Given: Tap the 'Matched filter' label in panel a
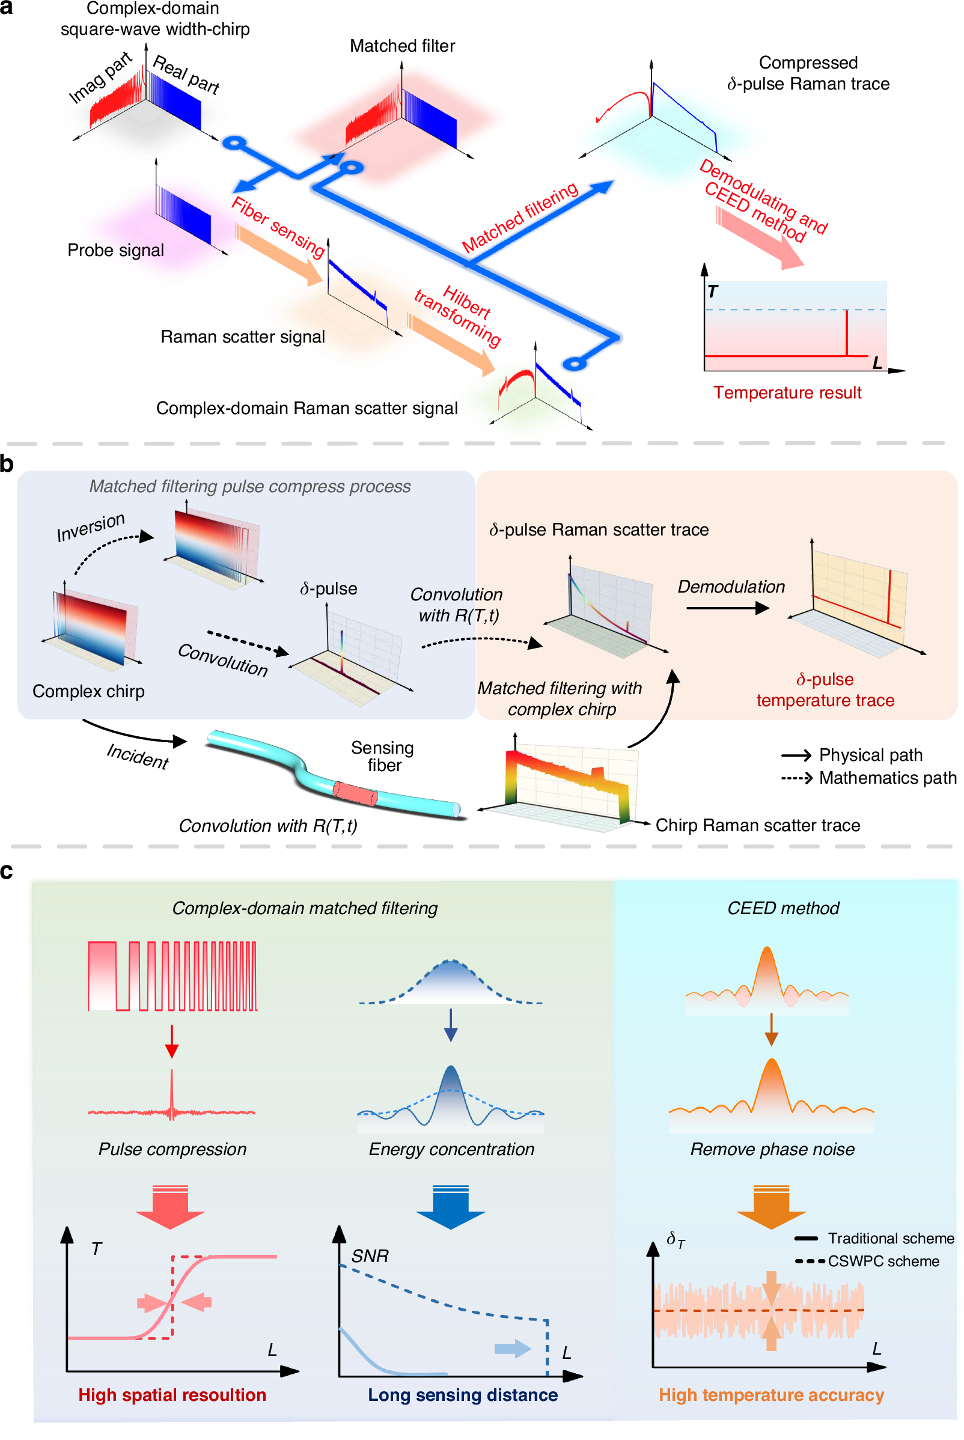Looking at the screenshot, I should pos(402,46).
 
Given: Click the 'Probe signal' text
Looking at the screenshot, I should pos(115,250).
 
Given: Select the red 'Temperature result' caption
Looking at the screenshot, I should pos(787,392).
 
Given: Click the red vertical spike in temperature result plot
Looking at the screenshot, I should pos(847,332).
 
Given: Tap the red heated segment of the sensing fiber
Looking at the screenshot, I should pos(355,793).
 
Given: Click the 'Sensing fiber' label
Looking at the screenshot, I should pos(382,756).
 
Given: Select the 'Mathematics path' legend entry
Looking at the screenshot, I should pos(887,778).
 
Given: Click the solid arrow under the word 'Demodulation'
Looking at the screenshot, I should pos(727,608).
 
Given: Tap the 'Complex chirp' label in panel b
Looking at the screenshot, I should pos(88,691).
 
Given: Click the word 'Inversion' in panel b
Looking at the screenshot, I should pos(91,527).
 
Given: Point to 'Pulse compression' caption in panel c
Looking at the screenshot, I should pos(172,1149).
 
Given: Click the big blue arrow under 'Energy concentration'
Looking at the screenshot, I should pos(451,1207).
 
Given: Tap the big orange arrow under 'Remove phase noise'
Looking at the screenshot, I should pos(771,1207).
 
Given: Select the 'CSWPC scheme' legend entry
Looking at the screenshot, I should pos(883,1261).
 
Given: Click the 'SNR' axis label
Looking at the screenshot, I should pos(370,1255).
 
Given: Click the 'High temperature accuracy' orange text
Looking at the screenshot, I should pos(771,1395).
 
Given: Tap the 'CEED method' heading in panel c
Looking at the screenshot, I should pos(782,908).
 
